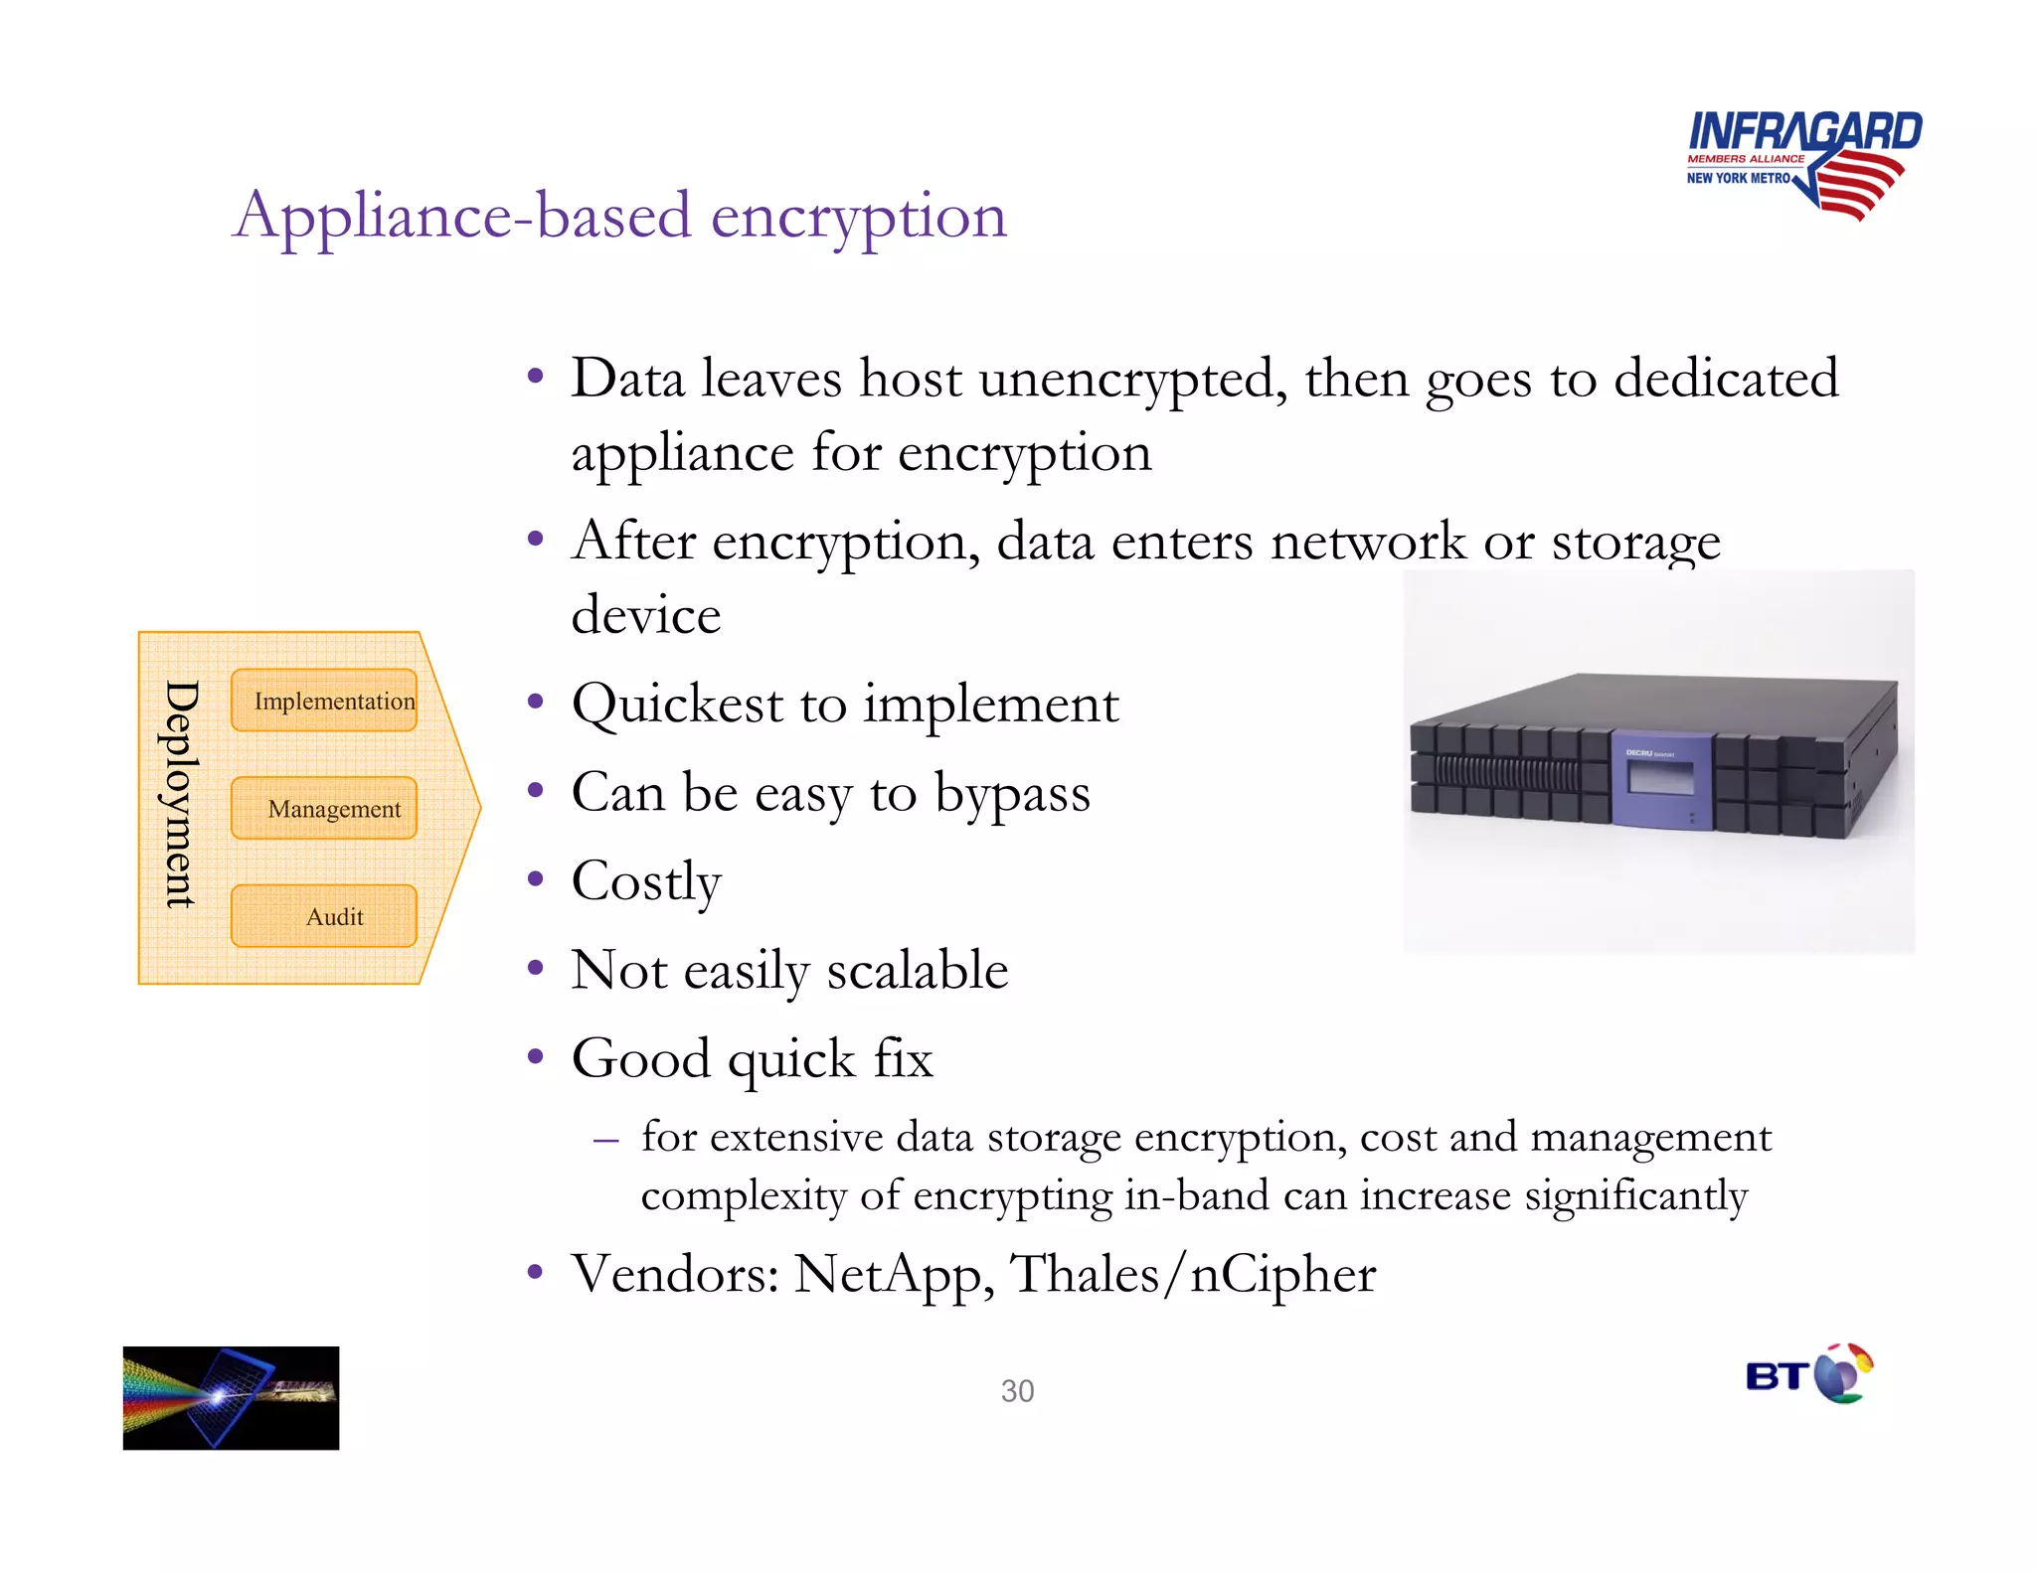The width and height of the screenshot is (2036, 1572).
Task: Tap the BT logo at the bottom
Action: [1808, 1374]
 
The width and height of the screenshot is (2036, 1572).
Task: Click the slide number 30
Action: [1017, 1391]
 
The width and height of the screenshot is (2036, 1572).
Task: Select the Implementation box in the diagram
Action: [324, 701]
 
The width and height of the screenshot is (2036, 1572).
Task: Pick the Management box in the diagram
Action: [324, 809]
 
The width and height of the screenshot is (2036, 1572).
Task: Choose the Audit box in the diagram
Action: [324, 916]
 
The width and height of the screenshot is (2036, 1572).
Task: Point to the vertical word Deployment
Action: [181, 794]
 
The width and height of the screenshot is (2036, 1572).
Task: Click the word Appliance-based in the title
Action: [462, 216]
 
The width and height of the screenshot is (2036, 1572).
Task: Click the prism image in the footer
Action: [231, 1397]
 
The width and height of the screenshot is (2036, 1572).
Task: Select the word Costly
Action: [646, 881]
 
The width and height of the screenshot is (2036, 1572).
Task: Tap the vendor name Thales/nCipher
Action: [1193, 1275]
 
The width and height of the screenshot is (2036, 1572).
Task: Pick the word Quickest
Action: [677, 705]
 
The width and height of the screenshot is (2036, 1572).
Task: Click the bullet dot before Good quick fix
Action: [536, 1056]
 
